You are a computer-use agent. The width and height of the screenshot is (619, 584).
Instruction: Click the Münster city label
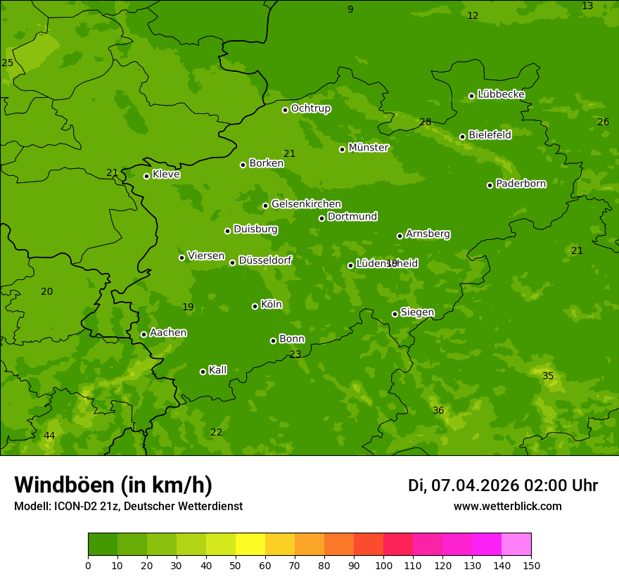368,148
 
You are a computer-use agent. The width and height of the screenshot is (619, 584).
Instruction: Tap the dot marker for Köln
255,306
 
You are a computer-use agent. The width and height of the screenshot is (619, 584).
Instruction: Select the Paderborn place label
521,184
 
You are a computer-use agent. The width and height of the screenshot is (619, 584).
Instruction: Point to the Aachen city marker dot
143,334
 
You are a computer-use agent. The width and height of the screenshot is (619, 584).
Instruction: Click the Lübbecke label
501,94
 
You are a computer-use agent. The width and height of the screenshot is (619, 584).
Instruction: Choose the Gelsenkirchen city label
306,204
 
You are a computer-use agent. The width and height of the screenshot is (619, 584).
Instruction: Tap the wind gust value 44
49,436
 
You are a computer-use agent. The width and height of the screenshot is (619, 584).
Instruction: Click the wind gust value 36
438,411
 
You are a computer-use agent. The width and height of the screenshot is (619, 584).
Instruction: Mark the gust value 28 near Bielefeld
426,122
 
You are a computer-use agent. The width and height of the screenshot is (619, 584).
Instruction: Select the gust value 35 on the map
548,376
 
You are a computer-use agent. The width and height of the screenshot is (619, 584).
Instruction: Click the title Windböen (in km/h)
113,485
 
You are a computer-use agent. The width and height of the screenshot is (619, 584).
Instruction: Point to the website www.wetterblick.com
507,507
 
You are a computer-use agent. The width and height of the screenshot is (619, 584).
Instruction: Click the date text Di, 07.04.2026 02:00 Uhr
503,485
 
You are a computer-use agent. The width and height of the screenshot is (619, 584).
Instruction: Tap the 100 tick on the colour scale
383,565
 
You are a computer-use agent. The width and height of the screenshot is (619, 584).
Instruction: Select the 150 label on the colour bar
531,565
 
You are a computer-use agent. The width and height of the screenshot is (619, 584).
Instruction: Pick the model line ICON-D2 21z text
128,507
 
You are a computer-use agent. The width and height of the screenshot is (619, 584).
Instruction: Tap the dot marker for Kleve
146,176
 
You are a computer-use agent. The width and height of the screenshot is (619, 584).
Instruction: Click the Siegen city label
417,312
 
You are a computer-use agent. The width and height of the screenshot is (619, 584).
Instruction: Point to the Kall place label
217,370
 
